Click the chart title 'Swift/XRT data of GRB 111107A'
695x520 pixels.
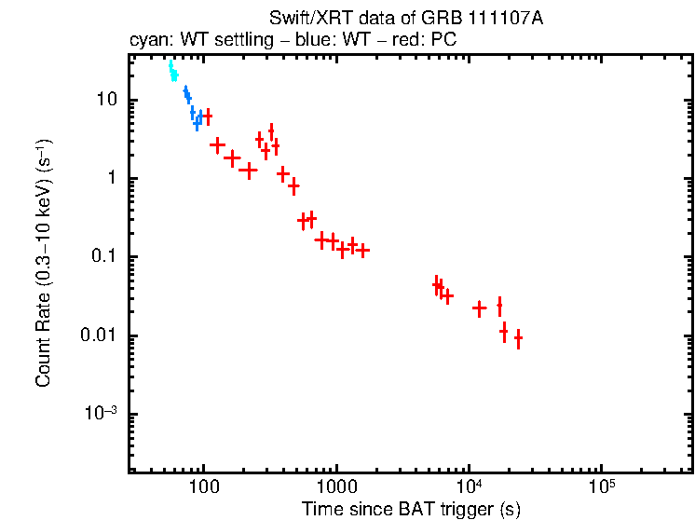(405, 19)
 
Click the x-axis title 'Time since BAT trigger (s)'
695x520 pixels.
(410, 509)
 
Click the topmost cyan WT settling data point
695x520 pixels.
(170, 64)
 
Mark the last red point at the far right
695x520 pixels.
(518, 339)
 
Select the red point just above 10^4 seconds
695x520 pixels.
(480, 308)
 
